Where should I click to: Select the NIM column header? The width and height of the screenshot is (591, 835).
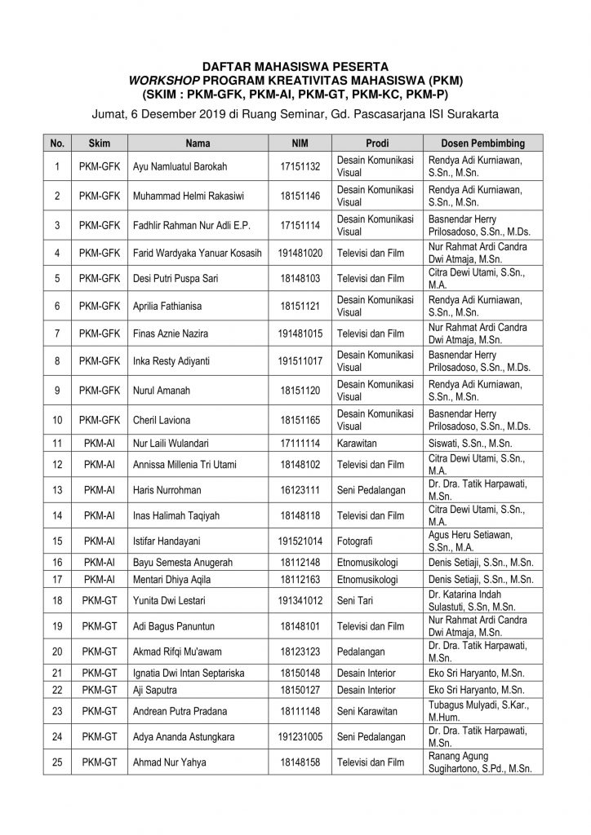point(300,143)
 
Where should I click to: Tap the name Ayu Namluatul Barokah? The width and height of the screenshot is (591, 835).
point(180,167)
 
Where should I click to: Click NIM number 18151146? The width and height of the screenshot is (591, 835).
point(300,196)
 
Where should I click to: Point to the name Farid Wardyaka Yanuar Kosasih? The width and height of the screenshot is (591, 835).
point(197,253)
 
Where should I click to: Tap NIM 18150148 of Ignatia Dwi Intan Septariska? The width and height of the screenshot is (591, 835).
point(300,673)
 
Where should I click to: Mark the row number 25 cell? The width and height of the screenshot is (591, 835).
point(57,762)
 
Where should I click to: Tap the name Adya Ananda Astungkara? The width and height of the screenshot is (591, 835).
point(184,737)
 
